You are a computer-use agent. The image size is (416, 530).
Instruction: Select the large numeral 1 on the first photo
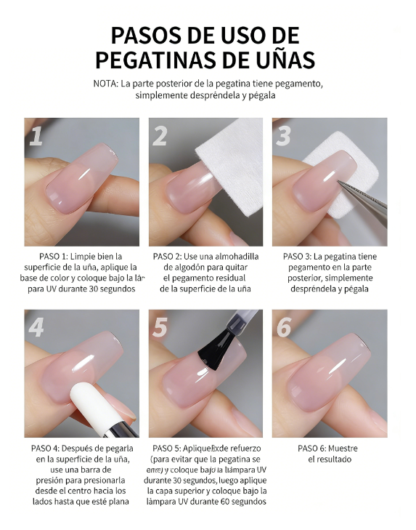click(x=36, y=136)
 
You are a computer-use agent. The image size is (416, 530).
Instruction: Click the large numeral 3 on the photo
click(x=284, y=136)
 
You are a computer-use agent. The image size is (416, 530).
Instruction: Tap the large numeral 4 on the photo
click(x=37, y=328)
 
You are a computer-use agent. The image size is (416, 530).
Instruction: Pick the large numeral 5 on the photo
click(x=161, y=328)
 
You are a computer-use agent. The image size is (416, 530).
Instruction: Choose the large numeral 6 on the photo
click(x=284, y=328)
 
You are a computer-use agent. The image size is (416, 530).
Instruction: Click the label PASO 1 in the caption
click(x=56, y=257)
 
